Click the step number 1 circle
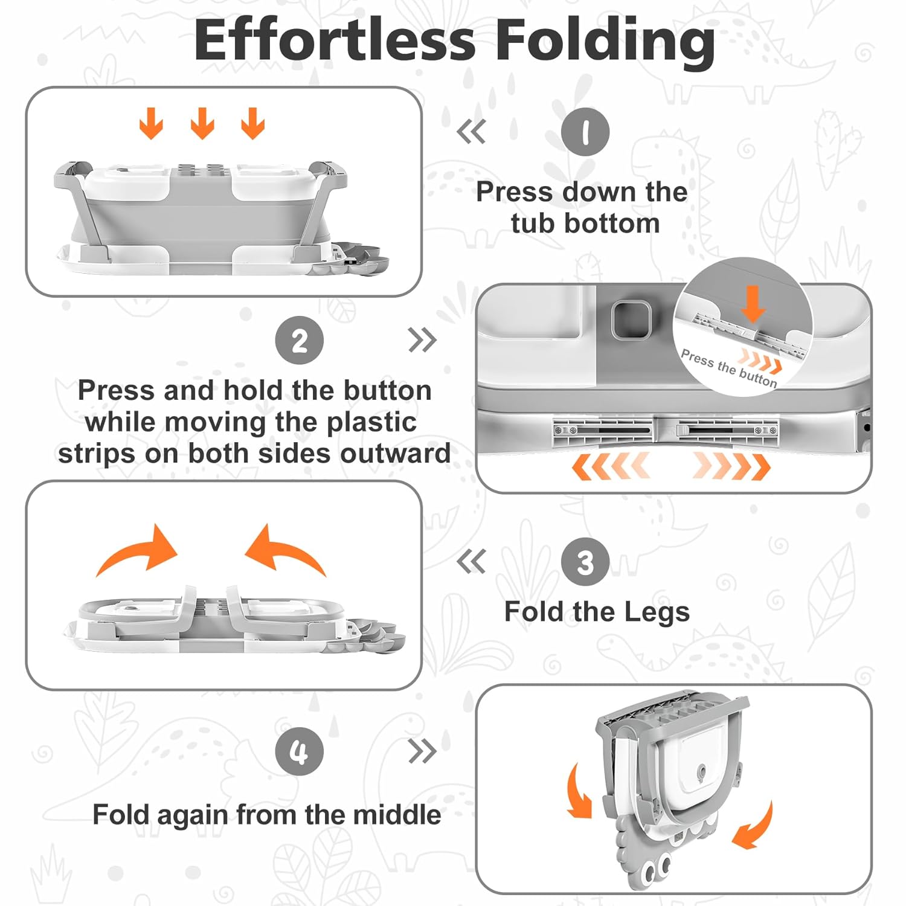click(585, 132)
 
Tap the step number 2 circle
click(299, 340)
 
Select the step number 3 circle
click(585, 562)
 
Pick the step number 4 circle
click(299, 752)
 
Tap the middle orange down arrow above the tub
click(202, 123)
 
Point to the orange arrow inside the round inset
click(753, 304)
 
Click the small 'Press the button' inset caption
click(728, 368)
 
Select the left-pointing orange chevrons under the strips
click(610, 466)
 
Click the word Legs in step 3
click(657, 613)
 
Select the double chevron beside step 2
click(422, 340)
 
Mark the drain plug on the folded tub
click(701, 773)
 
